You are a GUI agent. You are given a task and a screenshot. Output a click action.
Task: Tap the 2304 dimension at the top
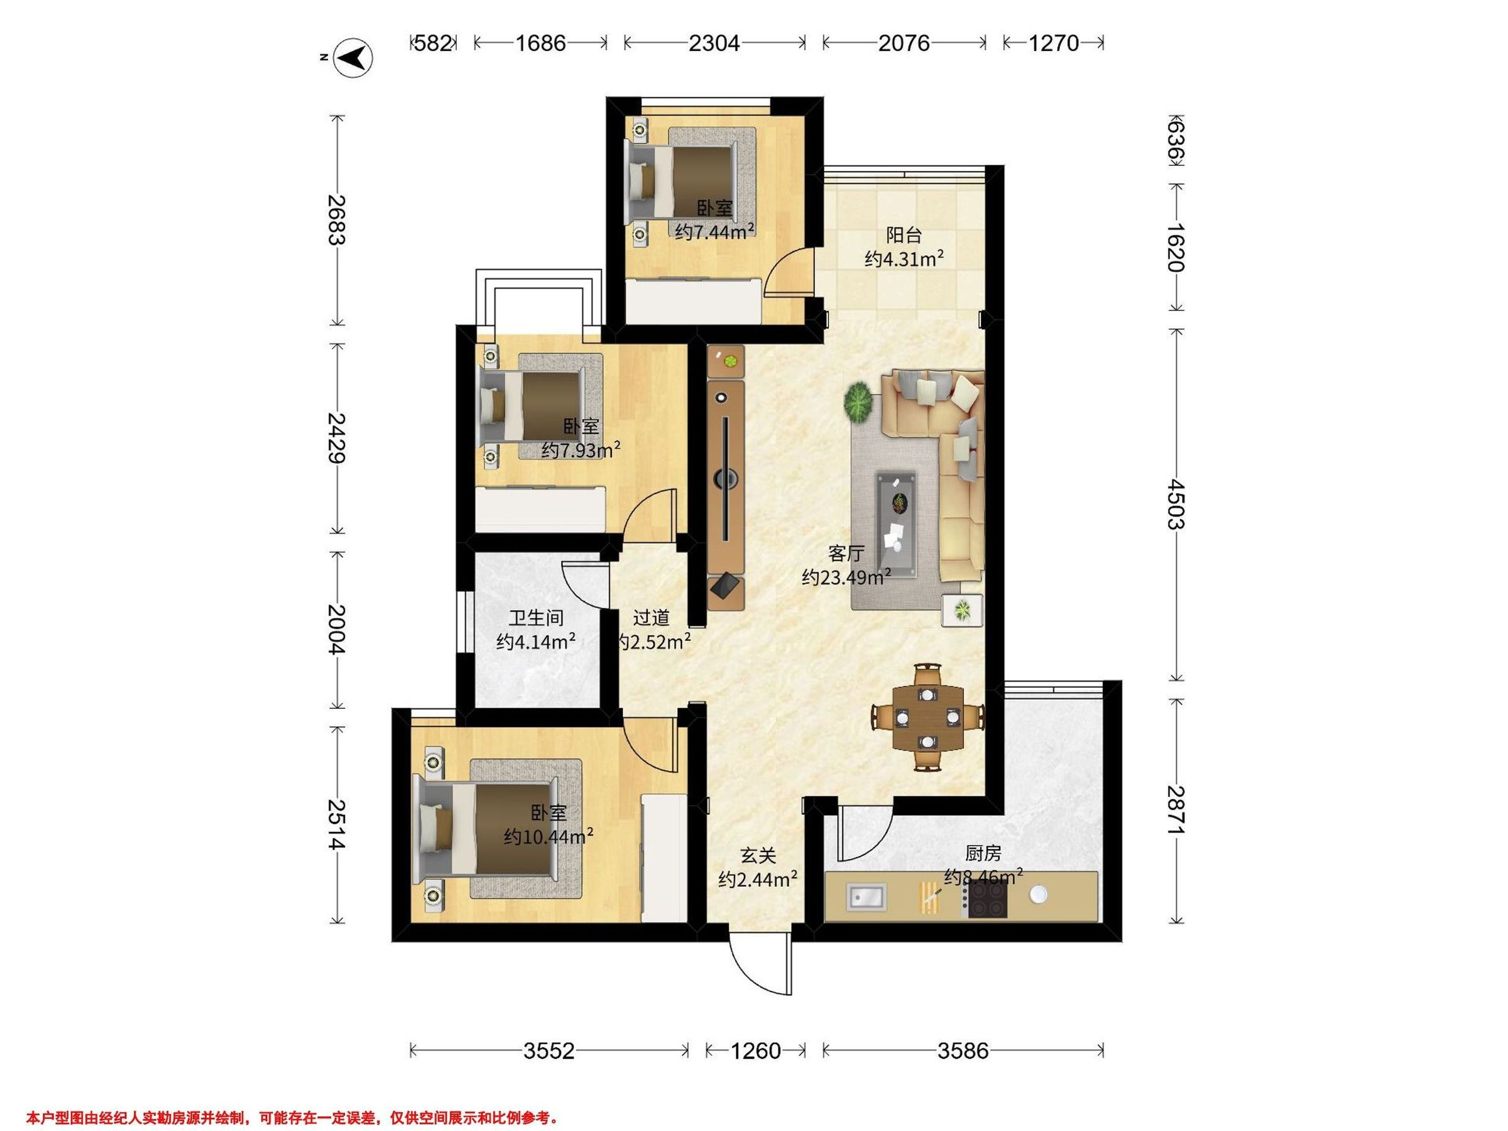pos(714,43)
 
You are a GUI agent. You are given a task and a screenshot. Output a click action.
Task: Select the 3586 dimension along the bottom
pos(963,1051)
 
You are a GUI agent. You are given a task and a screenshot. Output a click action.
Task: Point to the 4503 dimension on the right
pos(1176,504)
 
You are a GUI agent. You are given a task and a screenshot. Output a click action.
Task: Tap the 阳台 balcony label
pos(904,235)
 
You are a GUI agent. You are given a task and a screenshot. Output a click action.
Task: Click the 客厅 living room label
pos(846,552)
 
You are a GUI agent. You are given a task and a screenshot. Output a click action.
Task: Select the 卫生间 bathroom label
pos(537,618)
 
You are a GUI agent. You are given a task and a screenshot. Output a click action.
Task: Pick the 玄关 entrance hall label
pos(758,855)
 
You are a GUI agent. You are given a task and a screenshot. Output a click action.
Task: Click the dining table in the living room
pos(928,717)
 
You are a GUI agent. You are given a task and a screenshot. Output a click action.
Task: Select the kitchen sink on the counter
pos(866,897)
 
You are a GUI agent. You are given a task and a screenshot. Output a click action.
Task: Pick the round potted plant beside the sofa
pos(859,403)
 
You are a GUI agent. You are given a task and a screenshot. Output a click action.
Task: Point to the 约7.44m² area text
pos(714,232)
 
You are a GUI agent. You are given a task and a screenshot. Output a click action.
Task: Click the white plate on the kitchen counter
pos(1038,893)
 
